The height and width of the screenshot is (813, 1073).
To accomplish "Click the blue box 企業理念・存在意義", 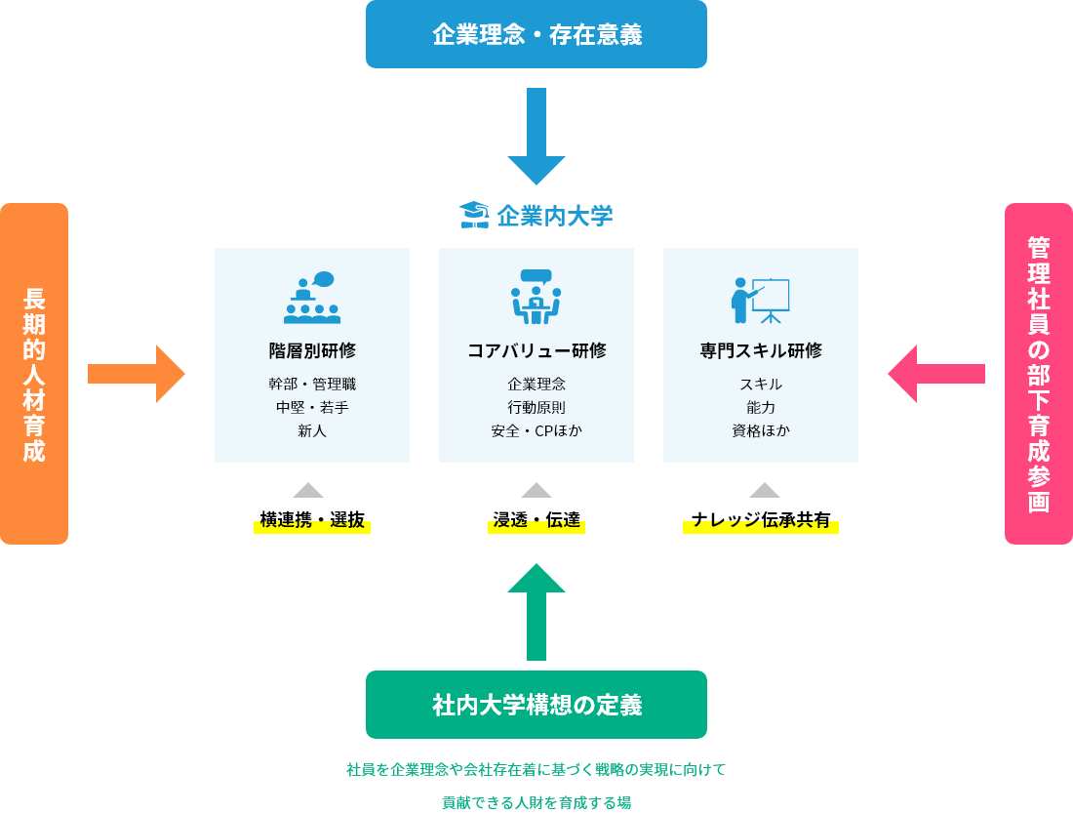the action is tap(536, 34).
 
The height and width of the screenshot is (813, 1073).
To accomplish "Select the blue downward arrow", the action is tap(536, 136).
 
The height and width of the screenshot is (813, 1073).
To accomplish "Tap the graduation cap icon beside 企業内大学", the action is tap(473, 215).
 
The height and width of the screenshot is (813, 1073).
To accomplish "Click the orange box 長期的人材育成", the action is tap(34, 373).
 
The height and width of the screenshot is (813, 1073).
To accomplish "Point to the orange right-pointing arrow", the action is tap(137, 373).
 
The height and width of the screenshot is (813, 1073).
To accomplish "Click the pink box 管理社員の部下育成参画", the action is tap(1038, 373).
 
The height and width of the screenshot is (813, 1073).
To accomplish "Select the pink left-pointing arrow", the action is tap(936, 373).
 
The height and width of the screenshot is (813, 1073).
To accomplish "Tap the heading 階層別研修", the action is tap(312, 350).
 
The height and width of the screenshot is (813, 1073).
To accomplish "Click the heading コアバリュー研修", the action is tap(536, 350).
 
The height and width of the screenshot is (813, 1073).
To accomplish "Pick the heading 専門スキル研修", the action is tap(761, 350).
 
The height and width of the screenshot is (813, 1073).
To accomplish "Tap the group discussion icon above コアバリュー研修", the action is tap(536, 297).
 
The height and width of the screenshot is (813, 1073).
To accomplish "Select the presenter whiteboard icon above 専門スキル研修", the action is tap(760, 300).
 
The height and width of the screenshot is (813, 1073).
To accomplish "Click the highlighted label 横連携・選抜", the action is tap(312, 520).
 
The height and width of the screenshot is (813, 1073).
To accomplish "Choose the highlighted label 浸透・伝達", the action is tap(536, 520).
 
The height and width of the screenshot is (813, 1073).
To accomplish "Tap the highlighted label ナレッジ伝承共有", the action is tap(761, 520).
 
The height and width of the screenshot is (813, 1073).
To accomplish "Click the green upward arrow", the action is tap(536, 612).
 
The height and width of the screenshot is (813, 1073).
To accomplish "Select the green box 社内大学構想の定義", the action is tap(536, 705).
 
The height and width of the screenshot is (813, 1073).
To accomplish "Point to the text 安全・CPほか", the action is tap(536, 430).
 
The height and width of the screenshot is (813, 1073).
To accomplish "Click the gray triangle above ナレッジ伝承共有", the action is tap(765, 490).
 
